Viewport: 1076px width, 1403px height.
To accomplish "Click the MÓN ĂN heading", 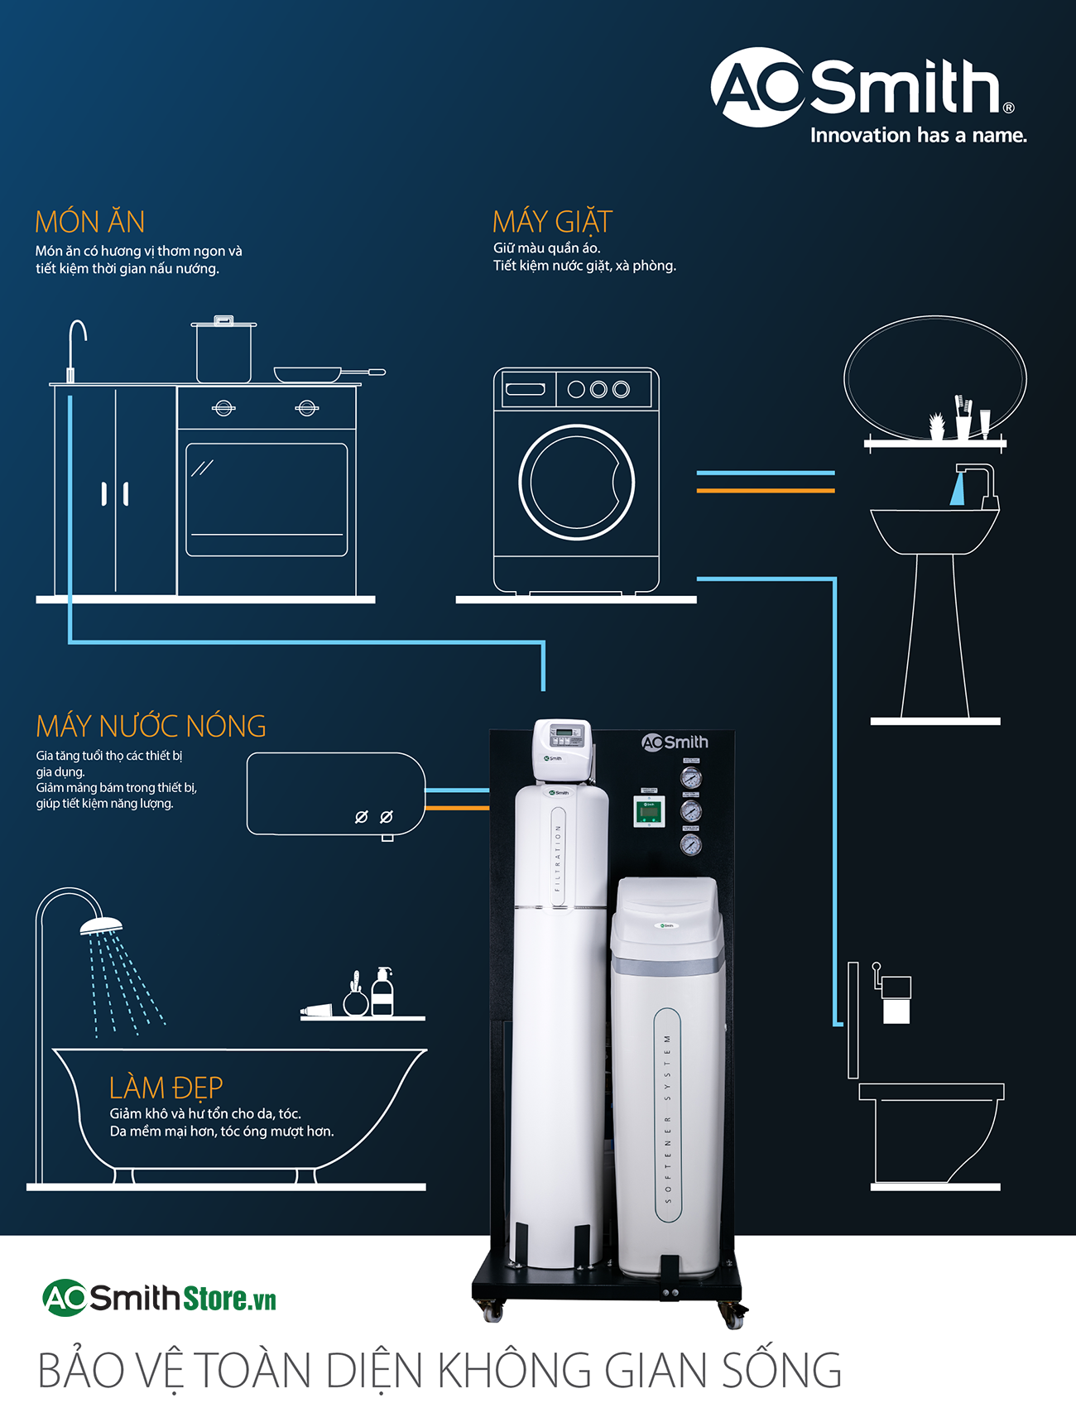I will click(89, 222).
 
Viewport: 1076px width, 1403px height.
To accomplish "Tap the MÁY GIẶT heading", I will click(552, 222).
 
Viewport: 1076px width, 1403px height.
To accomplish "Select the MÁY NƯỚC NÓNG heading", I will click(151, 726).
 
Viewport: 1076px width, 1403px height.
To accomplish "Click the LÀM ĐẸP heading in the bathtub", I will click(166, 1087).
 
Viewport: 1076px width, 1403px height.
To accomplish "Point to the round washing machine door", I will click(576, 482).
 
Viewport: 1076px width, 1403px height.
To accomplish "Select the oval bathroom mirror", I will click(934, 377).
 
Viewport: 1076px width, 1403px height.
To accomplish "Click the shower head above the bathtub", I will click(101, 925).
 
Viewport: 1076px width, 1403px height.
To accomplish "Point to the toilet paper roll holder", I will click(895, 997).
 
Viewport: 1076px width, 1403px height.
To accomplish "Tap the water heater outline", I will click(335, 794).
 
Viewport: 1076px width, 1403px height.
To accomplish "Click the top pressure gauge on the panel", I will click(690, 778).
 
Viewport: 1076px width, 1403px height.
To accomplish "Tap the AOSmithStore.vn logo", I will click(159, 1298).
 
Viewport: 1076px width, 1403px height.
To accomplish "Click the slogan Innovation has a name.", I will click(918, 136).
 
